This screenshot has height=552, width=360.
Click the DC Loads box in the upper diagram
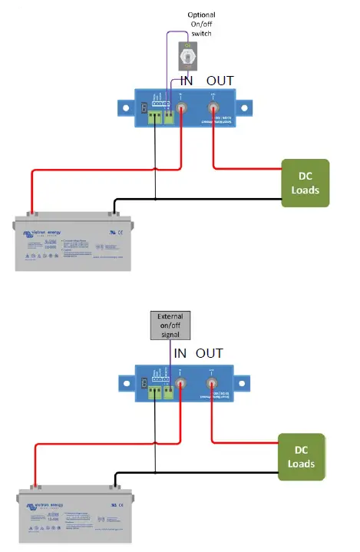coord(305,183)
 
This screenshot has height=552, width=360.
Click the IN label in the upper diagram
coord(186,81)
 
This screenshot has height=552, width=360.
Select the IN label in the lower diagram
coord(181,353)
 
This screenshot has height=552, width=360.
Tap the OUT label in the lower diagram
coord(210,353)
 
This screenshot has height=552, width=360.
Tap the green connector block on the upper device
coord(162,117)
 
